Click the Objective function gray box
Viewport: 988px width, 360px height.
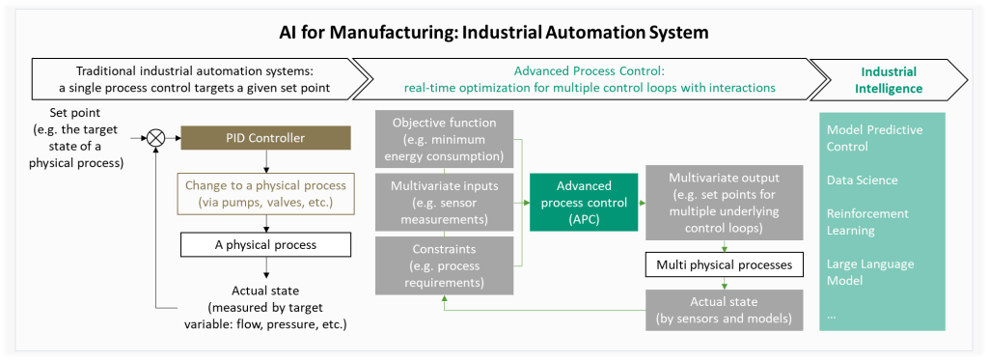[x=444, y=139]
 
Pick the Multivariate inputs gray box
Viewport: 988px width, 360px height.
[x=444, y=203]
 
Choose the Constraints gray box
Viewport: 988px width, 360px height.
[x=444, y=265]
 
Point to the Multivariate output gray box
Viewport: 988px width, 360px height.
[x=725, y=203]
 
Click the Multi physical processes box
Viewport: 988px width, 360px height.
[x=725, y=264]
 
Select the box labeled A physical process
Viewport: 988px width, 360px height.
[x=266, y=244]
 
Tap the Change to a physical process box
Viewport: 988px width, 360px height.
[x=266, y=194]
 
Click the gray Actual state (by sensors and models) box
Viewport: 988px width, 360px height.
[x=725, y=310]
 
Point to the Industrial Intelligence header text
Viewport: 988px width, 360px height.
[x=889, y=80]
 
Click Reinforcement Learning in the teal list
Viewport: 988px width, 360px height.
[x=868, y=222]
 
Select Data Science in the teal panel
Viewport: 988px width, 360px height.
[x=862, y=180]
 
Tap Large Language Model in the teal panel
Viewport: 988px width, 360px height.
[x=861, y=272]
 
